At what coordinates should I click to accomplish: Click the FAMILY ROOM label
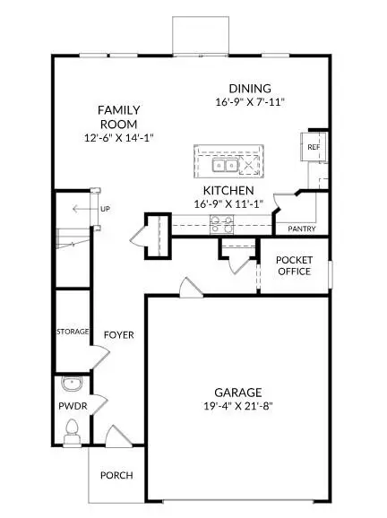coord(119,117)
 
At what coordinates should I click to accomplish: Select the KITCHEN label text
coord(228,192)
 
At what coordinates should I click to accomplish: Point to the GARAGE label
coord(237,393)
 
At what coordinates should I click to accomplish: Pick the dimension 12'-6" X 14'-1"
coord(119,139)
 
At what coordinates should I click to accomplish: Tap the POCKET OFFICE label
coord(295,265)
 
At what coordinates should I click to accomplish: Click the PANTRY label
coord(301,229)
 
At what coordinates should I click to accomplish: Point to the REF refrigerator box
coord(314,147)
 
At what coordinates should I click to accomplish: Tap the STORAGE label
coord(73,332)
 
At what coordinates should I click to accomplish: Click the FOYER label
coord(118,335)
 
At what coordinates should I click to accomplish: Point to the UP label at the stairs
coord(105,209)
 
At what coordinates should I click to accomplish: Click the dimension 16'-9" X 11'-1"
coord(228,205)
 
